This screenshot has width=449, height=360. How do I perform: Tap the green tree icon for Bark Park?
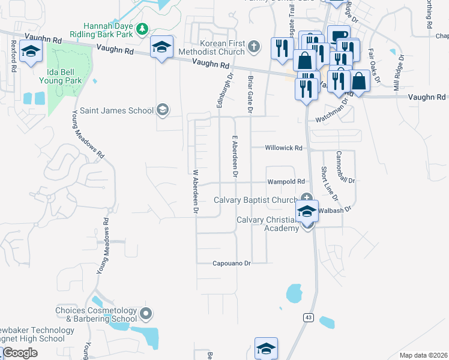coord(142,28)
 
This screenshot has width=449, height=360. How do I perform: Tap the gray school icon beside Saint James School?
coord(161,110)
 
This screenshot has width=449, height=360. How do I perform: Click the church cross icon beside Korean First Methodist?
coord(254,46)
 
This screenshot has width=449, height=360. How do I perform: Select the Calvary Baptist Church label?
coord(256,200)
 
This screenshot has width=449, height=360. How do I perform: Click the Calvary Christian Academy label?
coord(267,224)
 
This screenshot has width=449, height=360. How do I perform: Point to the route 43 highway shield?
coord(308,317)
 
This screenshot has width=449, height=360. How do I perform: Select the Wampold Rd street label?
coord(286,181)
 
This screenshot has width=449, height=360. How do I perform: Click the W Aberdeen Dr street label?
coord(195,191)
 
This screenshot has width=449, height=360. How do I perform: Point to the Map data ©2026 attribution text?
coord(424,355)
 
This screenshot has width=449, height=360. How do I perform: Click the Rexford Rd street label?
coord(13,55)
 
